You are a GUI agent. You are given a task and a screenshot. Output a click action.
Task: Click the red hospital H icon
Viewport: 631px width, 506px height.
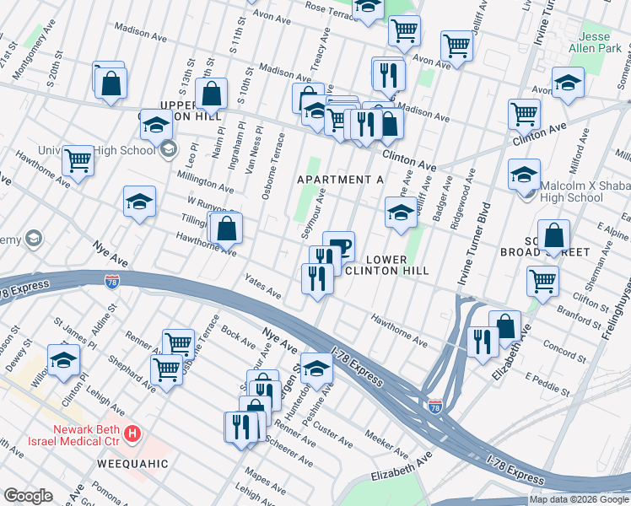tap(132, 434)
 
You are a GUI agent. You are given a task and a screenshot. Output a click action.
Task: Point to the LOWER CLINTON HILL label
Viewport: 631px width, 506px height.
tap(388, 265)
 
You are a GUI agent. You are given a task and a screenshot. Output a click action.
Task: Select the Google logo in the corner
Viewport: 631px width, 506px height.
tap(28, 496)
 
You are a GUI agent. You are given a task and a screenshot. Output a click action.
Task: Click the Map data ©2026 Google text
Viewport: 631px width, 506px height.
tap(579, 499)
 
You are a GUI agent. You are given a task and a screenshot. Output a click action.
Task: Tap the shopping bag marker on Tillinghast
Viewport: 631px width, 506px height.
tap(226, 228)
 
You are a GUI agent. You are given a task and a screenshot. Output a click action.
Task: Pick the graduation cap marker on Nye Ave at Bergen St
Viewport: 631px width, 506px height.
tap(316, 369)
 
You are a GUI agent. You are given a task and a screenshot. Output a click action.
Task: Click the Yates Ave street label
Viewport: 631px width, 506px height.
tap(262, 287)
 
